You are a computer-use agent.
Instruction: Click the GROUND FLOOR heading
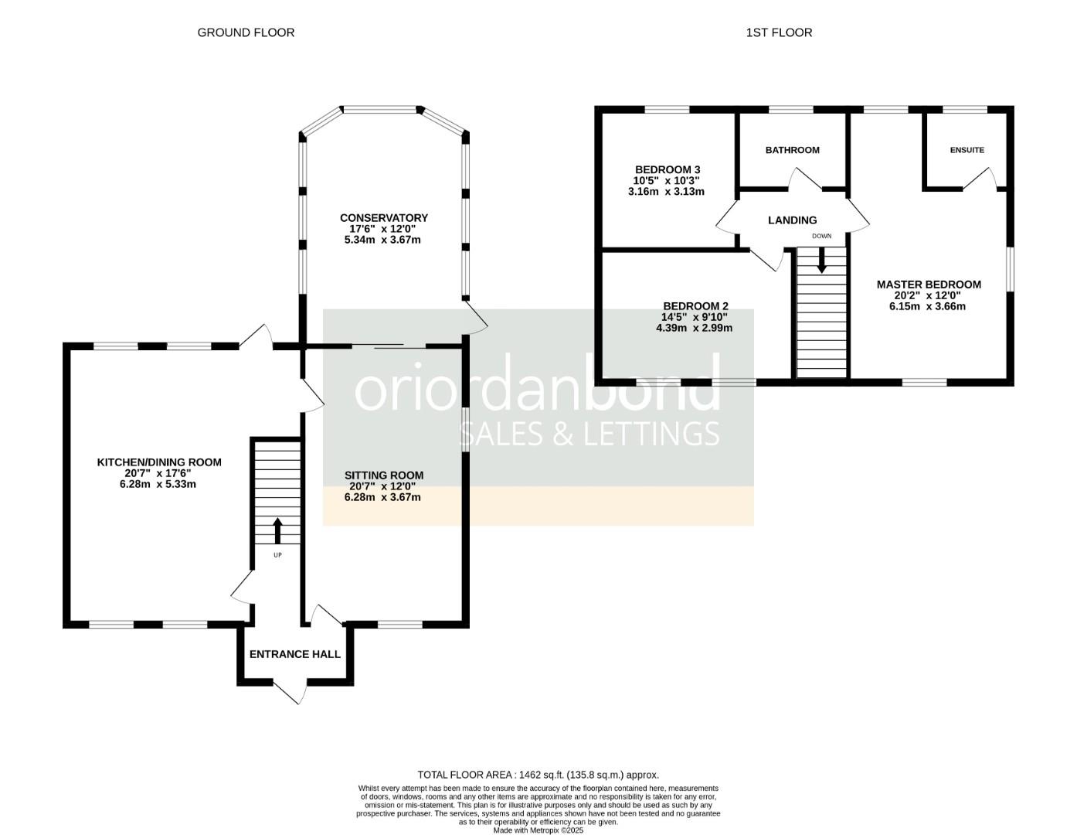coord(246,32)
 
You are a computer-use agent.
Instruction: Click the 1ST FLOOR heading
coord(779,32)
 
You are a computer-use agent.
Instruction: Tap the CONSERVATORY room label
coord(383,218)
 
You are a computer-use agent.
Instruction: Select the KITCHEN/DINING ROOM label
coord(158,462)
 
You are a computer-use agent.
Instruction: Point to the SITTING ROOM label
coord(383,475)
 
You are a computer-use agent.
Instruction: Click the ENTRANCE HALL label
coord(294,654)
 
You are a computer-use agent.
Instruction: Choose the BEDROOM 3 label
coord(667,169)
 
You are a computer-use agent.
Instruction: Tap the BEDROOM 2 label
coord(695,306)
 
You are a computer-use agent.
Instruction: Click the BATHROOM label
coord(792,150)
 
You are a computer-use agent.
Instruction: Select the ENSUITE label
coord(967,150)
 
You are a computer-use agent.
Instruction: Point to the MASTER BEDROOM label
coord(928,285)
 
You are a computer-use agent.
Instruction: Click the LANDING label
coord(792,220)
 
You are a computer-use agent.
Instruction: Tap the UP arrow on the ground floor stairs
coord(277,531)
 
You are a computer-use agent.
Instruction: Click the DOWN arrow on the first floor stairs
coord(821,258)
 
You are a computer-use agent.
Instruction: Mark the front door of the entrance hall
coord(289,691)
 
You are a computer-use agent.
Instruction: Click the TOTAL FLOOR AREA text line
coord(538,774)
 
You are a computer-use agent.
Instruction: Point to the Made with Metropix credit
coord(538,830)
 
